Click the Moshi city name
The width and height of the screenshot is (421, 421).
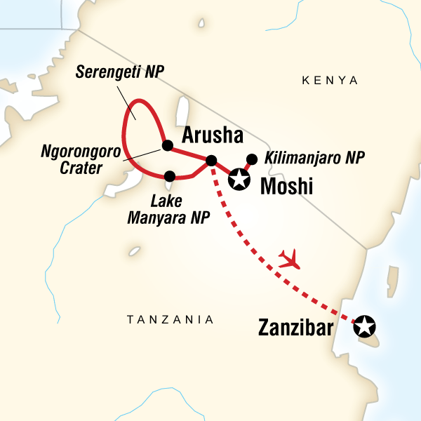[x=286, y=186]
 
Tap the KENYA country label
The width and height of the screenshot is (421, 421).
[x=329, y=81]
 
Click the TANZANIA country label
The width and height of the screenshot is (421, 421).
[x=170, y=319]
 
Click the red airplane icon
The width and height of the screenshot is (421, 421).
[x=289, y=260]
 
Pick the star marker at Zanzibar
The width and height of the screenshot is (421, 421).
[x=364, y=326]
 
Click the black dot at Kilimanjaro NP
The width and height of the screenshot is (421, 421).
[x=253, y=159]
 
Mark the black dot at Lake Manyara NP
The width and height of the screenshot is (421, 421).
[x=169, y=175]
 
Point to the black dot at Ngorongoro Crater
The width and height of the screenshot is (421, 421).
[x=167, y=145]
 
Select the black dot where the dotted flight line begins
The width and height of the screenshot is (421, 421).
[x=212, y=161]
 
